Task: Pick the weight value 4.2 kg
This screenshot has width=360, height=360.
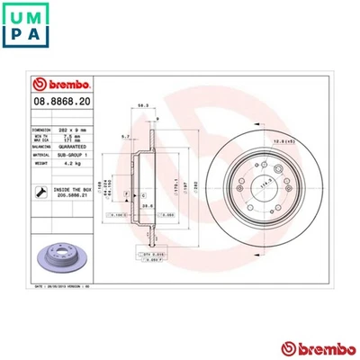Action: tap(73, 165)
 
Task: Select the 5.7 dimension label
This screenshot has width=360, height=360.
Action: tap(125, 137)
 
